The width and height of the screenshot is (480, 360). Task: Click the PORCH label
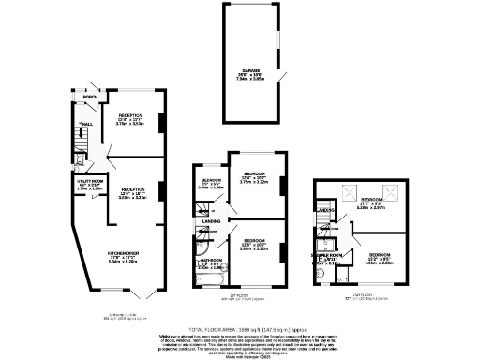[91, 97]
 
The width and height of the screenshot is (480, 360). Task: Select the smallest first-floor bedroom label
[211, 182]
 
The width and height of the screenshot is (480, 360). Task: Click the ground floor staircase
[73, 141]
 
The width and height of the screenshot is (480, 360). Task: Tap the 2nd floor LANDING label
[325, 210]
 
